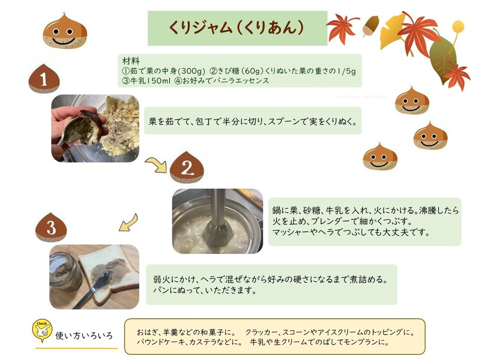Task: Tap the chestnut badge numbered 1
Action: click(x=44, y=79)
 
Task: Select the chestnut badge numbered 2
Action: click(x=187, y=168)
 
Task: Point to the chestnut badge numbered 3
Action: click(x=51, y=227)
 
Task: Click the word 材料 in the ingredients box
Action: click(x=131, y=60)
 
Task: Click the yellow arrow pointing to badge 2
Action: click(x=156, y=164)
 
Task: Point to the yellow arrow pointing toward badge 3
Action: click(x=129, y=223)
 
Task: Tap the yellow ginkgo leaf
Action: click(x=392, y=32)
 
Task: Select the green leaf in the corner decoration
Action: click(x=443, y=58)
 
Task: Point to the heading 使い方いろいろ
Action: click(x=84, y=336)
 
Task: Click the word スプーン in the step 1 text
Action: click(x=285, y=121)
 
